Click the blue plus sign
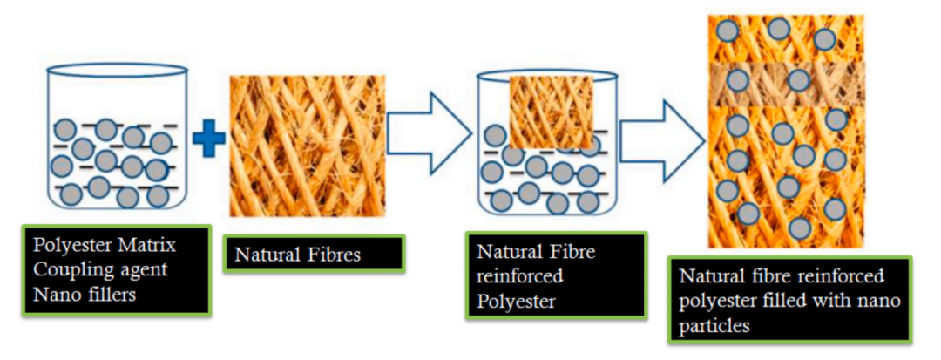click(x=208, y=138)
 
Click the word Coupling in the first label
click(x=69, y=269)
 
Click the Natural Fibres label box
click(x=315, y=254)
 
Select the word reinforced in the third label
click(x=518, y=276)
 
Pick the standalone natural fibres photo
click(x=308, y=146)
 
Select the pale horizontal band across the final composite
click(x=787, y=84)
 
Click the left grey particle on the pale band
click(x=738, y=79)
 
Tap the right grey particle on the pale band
click(x=799, y=80)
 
